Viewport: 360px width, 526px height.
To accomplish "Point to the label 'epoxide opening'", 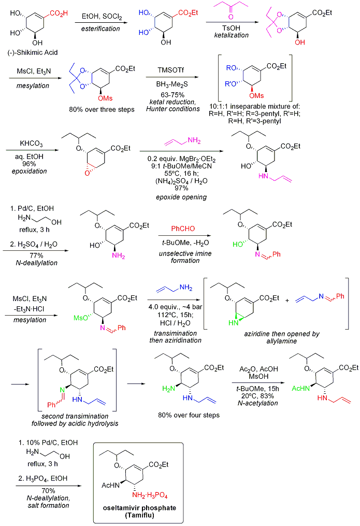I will [174, 197].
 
